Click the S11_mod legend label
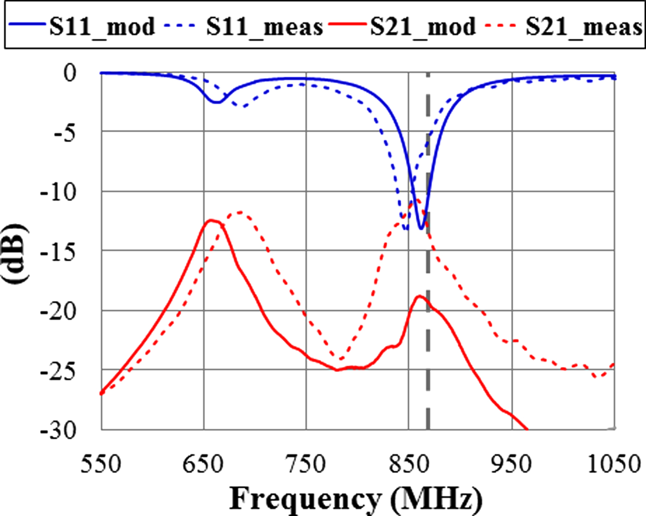point(102,27)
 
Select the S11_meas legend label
point(264,27)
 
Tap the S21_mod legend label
point(423,27)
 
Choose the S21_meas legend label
point(584,27)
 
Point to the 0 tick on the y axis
point(70,73)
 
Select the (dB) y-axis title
point(18,253)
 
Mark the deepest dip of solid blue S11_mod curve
point(421,228)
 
